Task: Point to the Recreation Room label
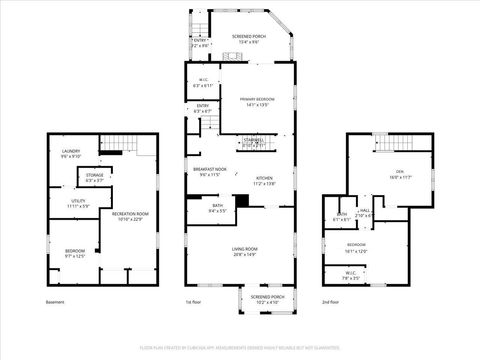[x=130, y=216]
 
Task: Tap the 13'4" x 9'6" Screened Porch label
[x=239, y=38]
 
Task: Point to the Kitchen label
[x=263, y=181]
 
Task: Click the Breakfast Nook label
[x=210, y=172]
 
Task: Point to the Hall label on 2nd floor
[x=366, y=213]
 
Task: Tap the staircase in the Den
[x=391, y=143]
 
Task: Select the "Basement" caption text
[x=55, y=302]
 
